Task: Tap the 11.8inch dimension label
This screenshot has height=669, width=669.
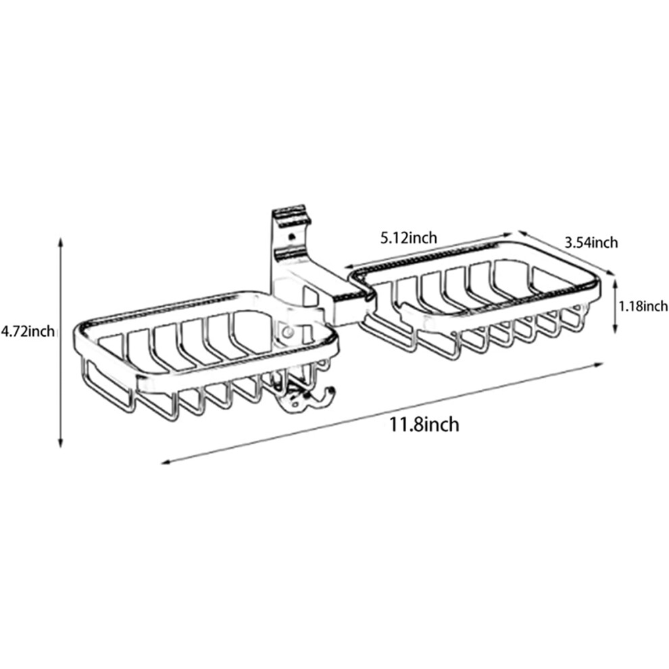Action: tap(424, 424)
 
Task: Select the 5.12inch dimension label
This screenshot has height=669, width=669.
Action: tap(409, 238)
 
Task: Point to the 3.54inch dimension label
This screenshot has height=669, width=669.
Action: tap(591, 243)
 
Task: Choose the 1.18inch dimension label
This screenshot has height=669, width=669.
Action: tap(643, 305)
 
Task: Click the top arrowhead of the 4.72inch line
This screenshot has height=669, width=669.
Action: tap(61, 242)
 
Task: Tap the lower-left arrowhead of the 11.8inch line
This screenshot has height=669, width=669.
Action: tap(166, 462)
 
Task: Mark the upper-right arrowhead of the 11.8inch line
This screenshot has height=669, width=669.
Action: tap(598, 364)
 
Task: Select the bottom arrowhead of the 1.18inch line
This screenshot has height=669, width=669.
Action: tap(615, 329)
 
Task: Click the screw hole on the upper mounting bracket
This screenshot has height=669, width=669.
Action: tap(292, 237)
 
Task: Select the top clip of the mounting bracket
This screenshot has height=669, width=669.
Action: tap(290, 215)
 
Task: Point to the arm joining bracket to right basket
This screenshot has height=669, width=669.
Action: tap(341, 295)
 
